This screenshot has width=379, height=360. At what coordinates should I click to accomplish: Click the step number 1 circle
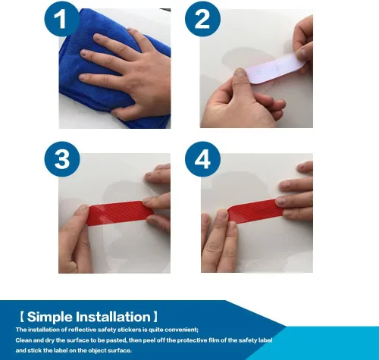tap(62, 19)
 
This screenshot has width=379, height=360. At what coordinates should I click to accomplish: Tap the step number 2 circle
tap(202, 19)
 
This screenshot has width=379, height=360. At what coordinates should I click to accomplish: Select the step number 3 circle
tap(62, 159)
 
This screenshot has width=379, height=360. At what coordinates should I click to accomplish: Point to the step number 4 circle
tap(202, 159)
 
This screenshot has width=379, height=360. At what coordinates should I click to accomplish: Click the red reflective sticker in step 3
tap(119, 213)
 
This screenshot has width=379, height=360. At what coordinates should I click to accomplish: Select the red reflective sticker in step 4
tap(255, 211)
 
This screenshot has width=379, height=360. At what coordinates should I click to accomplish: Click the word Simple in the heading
tap(50, 317)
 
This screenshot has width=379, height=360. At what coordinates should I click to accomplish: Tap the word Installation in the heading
tap(113, 317)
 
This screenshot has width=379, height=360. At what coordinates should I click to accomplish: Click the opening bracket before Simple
tap(22, 317)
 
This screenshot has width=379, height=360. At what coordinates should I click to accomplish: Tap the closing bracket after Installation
tap(155, 317)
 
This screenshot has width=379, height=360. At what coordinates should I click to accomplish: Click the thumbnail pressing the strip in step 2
tap(240, 73)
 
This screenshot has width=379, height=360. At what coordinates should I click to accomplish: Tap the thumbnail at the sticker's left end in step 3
tap(82, 208)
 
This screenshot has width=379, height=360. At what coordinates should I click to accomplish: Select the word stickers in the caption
tap(125, 330)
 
